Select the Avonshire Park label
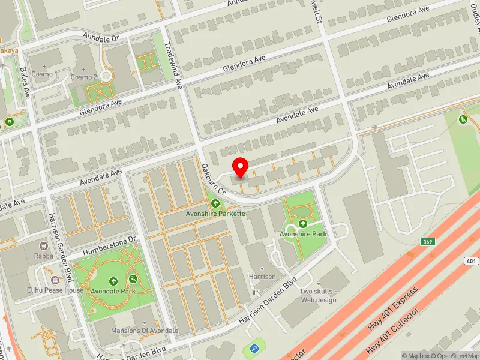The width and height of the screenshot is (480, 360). (x=303, y=233)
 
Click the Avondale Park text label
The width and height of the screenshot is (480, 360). (x=114, y=291)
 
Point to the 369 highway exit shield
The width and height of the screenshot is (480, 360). (x=427, y=242)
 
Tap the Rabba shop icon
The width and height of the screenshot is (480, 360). (x=43, y=246)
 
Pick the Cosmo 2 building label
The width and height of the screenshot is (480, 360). (x=83, y=77)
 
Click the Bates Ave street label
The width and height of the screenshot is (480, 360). (x=25, y=84)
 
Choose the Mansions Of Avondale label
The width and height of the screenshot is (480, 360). (x=145, y=331)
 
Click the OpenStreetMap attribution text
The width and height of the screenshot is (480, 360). (x=454, y=356)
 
